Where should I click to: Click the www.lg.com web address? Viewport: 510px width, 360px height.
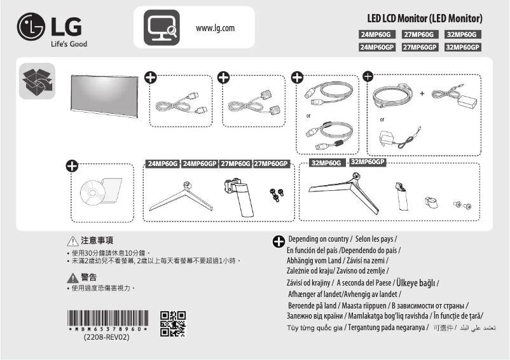point(216,28)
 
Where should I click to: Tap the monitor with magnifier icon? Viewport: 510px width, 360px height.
point(161,27)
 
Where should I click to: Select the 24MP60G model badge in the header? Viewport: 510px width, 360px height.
point(377,34)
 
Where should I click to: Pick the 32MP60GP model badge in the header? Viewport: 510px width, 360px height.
point(462,47)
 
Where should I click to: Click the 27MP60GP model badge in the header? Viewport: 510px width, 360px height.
point(420,47)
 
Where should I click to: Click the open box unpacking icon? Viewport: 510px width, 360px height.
point(37,81)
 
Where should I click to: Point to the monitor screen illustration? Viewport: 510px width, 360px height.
point(104,96)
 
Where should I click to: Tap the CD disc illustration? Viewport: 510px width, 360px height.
point(92,193)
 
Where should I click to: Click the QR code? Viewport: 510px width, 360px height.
point(173,323)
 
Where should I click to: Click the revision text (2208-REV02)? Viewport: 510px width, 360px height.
point(107,337)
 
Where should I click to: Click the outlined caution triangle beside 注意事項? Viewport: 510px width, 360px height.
point(72,241)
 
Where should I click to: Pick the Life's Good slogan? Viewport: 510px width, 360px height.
point(69,44)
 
